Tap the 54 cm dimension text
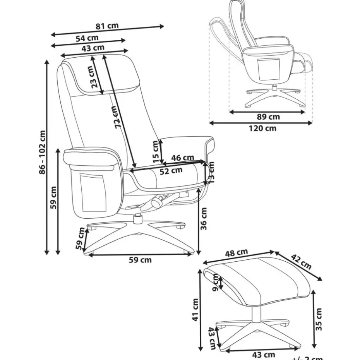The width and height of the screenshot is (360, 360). (x=87, y=38)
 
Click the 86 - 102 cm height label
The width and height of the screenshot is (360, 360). (x=42, y=153)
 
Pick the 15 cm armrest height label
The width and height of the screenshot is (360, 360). (x=156, y=151)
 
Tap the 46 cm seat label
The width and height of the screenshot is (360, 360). (x=183, y=158)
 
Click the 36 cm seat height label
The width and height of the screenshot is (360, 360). (x=204, y=219)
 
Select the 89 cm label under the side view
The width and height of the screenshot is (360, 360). (x=268, y=117)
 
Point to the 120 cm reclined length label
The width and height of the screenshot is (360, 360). (x=263, y=128)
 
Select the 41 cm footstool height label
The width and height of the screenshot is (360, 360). (x=196, y=310)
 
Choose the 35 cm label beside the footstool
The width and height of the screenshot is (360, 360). (x=318, y=319)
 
